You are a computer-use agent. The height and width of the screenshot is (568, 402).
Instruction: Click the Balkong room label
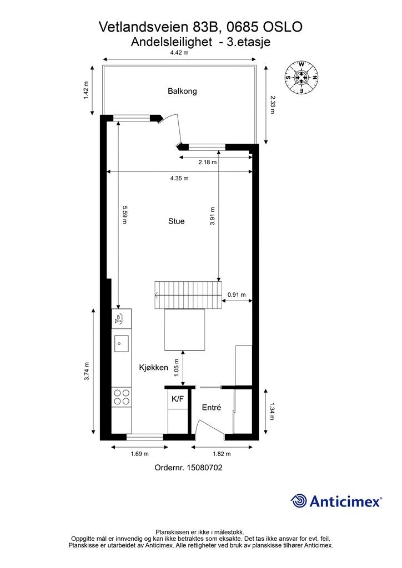pos(182,91)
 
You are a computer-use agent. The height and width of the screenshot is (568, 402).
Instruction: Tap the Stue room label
pos(176,221)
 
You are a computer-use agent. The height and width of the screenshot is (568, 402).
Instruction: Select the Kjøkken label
pos(154,367)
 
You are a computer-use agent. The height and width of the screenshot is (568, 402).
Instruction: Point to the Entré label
pos(212,408)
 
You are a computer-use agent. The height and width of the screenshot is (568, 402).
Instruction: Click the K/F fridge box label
pos(178,399)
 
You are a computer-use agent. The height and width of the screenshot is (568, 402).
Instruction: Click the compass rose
pos(301,77)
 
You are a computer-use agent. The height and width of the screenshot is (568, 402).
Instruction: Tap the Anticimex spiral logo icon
pos(299,501)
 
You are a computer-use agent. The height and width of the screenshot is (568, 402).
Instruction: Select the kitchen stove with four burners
pos(122,397)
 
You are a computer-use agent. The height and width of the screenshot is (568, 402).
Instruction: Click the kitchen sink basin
pos(122,344)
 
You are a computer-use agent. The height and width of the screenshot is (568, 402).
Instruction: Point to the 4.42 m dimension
pos(179,53)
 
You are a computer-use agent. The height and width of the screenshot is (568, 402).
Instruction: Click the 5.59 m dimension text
pos(124,215)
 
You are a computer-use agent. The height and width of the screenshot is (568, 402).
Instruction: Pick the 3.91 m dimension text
pos(213,216)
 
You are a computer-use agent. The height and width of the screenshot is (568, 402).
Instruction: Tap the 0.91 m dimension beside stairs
pos(237,295)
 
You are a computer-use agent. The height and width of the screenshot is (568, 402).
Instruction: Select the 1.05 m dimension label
pos(177,368)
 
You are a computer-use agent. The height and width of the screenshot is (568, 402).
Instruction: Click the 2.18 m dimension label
pos(207,162)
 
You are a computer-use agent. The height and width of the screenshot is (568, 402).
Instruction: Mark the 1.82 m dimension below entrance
pos(221,454)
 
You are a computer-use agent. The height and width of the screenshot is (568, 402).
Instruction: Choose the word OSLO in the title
pos(283,27)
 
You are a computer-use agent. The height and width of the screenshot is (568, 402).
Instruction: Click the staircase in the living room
pos(188,295)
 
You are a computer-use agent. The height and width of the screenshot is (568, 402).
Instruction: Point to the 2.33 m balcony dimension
pos(272,105)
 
